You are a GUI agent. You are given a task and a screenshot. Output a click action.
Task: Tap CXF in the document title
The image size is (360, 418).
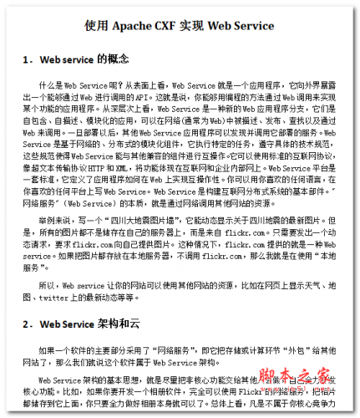click(185, 25)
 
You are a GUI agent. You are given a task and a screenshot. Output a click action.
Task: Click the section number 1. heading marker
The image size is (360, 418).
click(28, 60)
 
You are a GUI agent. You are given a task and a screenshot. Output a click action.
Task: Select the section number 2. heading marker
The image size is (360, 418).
click(28, 323)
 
